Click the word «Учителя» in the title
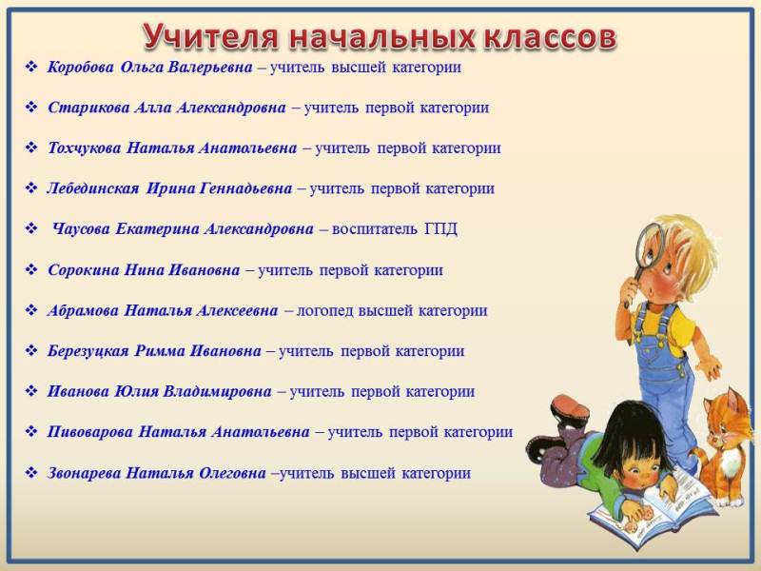(210, 36)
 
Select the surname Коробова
(81, 67)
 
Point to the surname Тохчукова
(84, 148)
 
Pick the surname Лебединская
(93, 188)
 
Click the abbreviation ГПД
(440, 228)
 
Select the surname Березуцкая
(88, 351)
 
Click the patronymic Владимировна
(217, 391)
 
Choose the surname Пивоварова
(89, 432)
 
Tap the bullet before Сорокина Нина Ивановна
(31, 269)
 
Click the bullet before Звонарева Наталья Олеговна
(31, 472)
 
